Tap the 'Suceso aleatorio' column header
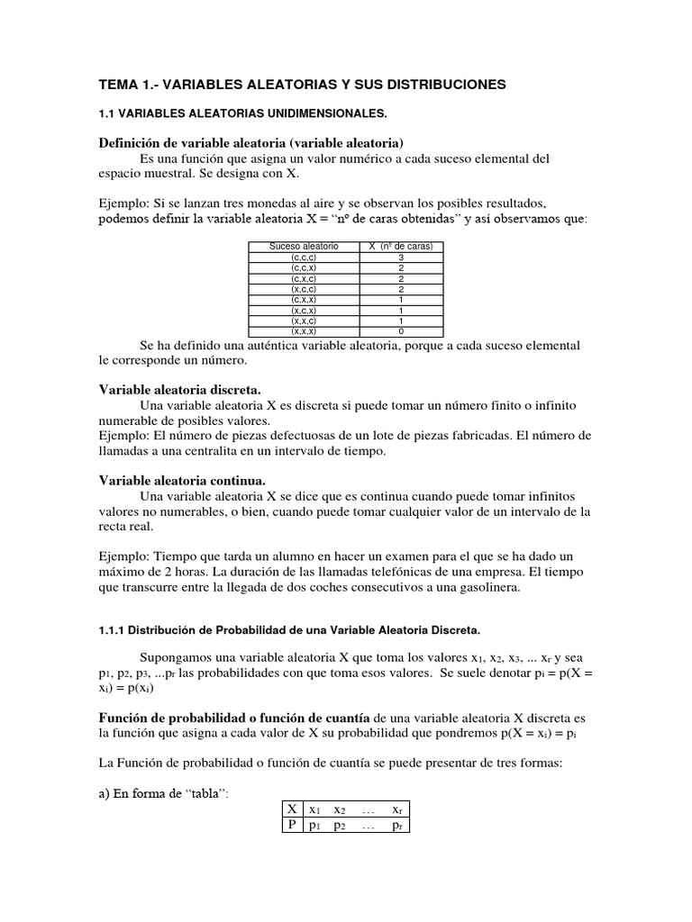[x=303, y=246]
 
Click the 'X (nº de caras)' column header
[x=400, y=246]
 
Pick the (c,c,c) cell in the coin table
[x=303, y=257]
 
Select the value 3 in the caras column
[x=400, y=257]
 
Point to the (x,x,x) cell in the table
[x=303, y=330]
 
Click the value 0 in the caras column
[x=400, y=330]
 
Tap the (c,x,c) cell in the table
[x=303, y=278]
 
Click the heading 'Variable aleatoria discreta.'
[x=179, y=389]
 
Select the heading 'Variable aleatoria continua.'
[x=182, y=480]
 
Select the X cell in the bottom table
[x=292, y=809]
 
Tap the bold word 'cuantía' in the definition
[x=343, y=718]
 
